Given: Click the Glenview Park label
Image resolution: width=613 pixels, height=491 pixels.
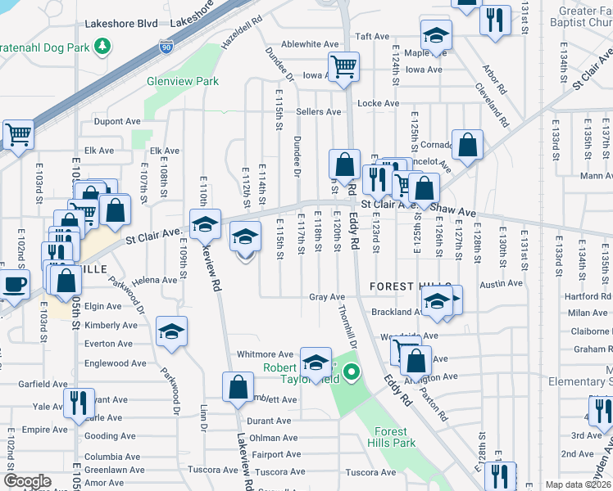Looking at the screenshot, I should [x=182, y=81].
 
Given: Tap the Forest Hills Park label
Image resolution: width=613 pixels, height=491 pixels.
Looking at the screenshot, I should [x=395, y=437].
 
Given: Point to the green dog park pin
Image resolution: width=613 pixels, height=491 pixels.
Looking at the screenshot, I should [x=103, y=47].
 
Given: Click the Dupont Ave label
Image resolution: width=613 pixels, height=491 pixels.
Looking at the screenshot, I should [x=117, y=121].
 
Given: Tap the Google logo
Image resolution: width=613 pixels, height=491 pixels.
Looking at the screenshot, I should [x=28, y=481].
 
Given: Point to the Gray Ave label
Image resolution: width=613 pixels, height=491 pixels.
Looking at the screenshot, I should [x=326, y=297].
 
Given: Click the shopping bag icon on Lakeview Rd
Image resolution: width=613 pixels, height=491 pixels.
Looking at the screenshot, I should [x=238, y=388].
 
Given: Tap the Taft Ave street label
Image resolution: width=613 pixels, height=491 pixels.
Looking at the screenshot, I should [x=370, y=37].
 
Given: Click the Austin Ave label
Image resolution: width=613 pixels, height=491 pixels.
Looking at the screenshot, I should [x=501, y=284].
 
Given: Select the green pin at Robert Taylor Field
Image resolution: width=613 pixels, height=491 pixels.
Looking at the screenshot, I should [x=352, y=372].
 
